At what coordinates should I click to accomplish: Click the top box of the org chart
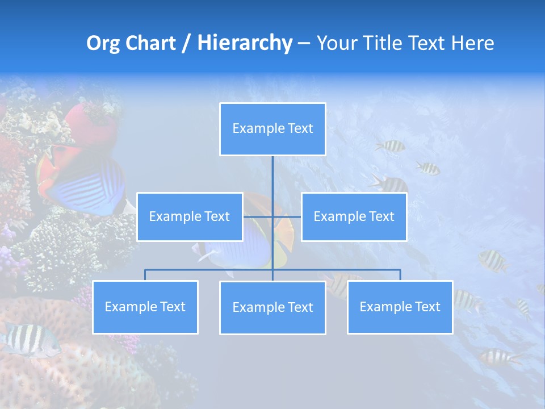click(272, 129)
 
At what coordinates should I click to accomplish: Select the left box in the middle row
click(190, 216)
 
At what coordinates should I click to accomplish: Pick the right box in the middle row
click(354, 216)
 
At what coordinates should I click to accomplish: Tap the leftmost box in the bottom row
click(145, 307)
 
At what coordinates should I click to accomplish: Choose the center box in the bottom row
click(272, 307)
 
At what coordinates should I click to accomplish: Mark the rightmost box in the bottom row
click(400, 307)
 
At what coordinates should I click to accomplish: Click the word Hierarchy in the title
click(245, 43)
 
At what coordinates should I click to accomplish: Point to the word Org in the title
click(104, 43)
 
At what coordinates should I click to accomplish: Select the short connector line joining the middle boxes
click(272, 216)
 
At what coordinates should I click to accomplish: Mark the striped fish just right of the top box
click(391, 147)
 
